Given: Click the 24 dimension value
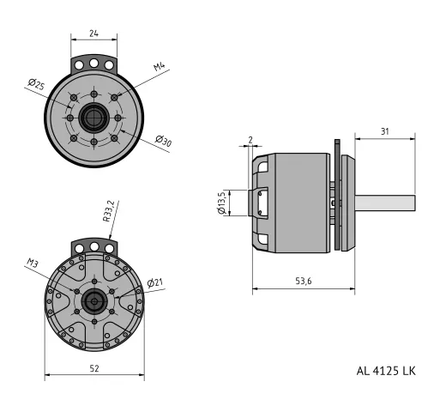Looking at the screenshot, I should (x=93, y=34).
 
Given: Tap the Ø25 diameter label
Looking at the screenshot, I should (x=37, y=86).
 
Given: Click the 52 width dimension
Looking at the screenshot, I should (x=94, y=367).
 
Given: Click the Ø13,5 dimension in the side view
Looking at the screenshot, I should (x=222, y=203).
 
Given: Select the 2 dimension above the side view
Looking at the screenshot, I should (x=250, y=140).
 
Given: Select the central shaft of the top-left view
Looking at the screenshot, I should (x=93, y=117).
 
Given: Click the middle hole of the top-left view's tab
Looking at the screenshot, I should (x=93, y=64).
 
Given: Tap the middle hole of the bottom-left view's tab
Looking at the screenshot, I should (x=93, y=247).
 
